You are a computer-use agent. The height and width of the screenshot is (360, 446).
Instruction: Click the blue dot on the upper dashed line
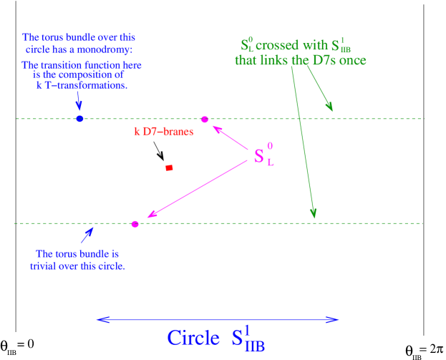(x=80, y=119)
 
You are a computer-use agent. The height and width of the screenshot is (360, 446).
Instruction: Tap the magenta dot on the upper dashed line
(x=205, y=119)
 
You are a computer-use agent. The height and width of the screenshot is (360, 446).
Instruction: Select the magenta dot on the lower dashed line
(x=135, y=224)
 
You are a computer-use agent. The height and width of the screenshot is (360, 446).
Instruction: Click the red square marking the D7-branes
(x=169, y=168)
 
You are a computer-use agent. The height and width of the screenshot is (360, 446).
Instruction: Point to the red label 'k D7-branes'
(x=163, y=132)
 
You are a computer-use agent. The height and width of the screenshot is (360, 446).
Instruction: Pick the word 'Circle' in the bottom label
(x=193, y=338)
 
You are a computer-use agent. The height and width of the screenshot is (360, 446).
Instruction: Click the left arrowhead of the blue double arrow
(x=101, y=319)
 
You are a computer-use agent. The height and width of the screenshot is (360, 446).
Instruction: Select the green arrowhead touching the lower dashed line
(x=313, y=213)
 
